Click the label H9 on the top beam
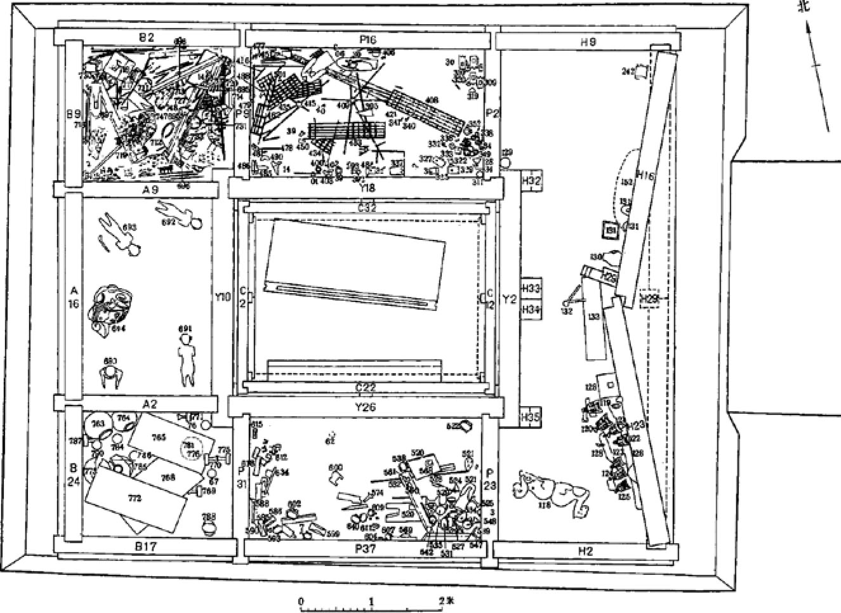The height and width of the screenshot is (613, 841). click(x=587, y=42)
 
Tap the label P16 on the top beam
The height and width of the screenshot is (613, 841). click(x=368, y=39)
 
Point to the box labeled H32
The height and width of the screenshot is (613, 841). click(x=531, y=181)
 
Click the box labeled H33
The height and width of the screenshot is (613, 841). click(x=531, y=289)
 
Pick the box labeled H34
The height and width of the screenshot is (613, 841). click(x=531, y=310)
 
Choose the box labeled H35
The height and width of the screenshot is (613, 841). click(x=531, y=418)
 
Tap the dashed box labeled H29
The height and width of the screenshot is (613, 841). click(x=650, y=298)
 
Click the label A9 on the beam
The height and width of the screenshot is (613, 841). click(x=150, y=188)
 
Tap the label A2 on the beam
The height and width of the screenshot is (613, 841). click(x=149, y=403)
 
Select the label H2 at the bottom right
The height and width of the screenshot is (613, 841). click(x=585, y=551)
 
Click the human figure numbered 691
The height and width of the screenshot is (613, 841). click(x=186, y=359)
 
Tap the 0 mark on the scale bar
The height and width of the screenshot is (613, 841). click(x=301, y=600)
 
